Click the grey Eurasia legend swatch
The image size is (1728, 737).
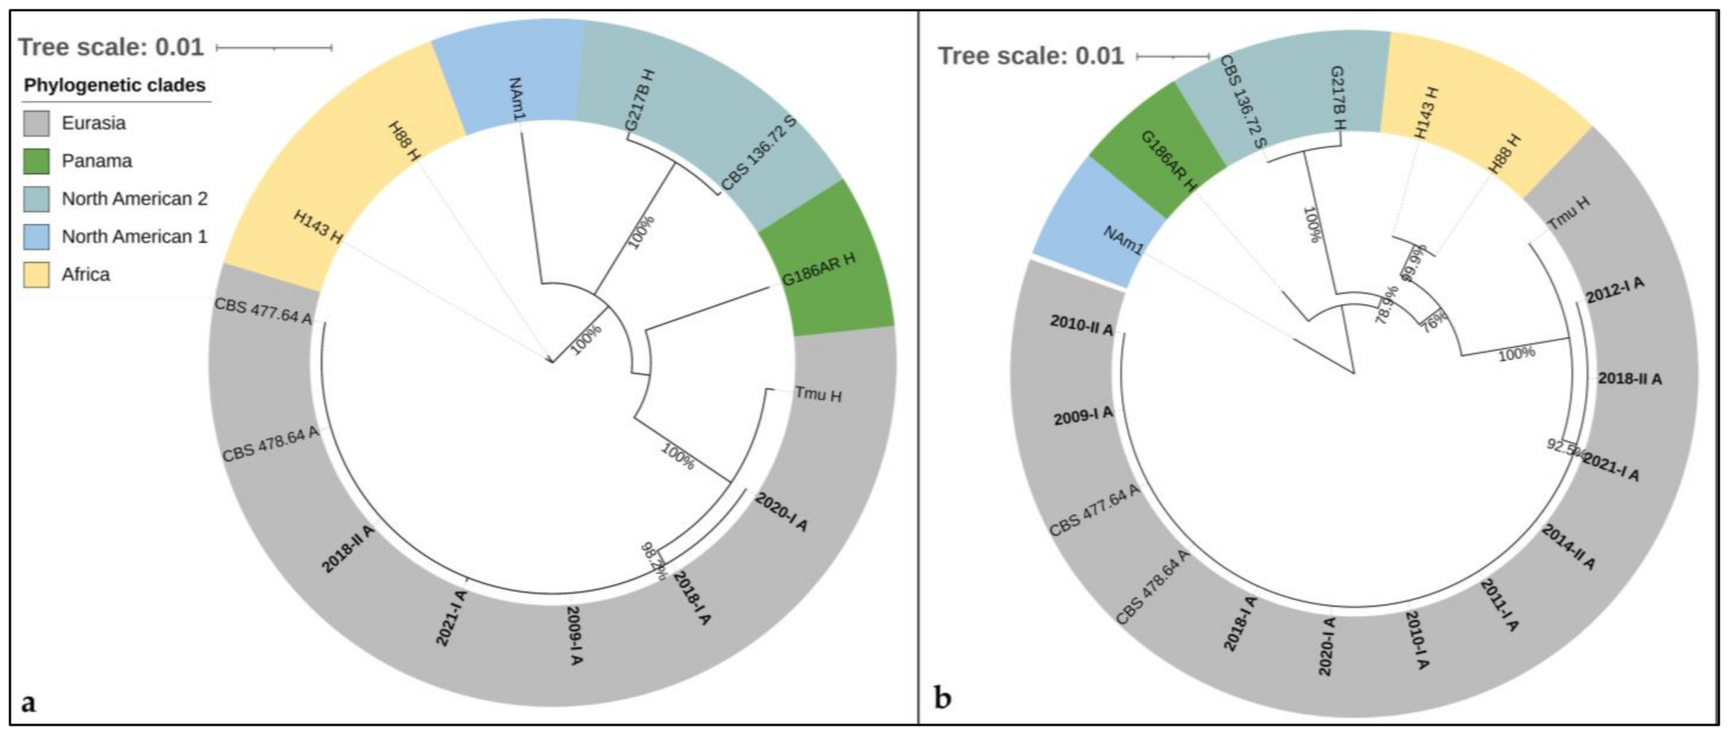pos(36,124)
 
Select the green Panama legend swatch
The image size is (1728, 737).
pos(36,161)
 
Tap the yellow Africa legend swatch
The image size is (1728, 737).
pos(36,274)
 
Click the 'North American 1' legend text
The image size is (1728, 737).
pos(134,236)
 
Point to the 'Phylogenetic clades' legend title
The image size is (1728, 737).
pos(115,86)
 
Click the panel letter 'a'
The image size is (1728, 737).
pos(28,703)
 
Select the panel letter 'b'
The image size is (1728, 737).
pos(942,699)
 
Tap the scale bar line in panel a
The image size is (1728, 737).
pos(274,47)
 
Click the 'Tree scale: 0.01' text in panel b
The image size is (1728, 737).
pos(1030,56)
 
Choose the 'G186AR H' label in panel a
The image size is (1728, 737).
pos(819,268)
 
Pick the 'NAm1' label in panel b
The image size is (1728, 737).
pos(1123,240)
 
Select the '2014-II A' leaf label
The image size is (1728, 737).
pos(1568,546)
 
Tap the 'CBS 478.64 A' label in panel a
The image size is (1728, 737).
pos(270,444)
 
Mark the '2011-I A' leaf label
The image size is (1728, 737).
pos(1499,605)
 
